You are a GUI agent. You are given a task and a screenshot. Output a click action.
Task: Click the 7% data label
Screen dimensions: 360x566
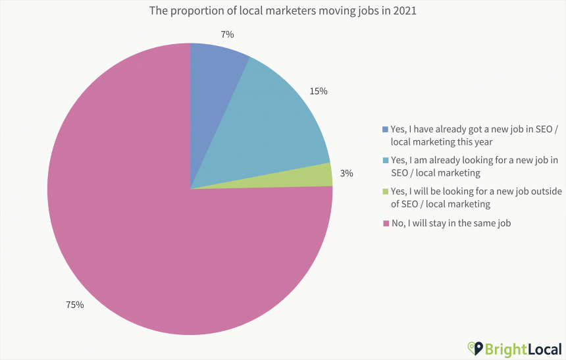tap(228, 34)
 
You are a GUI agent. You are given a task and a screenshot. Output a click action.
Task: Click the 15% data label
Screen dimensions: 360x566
tap(319, 91)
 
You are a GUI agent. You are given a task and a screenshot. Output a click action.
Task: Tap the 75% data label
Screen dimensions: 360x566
tap(75, 305)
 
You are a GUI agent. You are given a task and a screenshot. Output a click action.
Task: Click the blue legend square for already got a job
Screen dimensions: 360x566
tap(386, 129)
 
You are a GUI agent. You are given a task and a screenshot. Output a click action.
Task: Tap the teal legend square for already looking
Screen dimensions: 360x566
tap(386, 161)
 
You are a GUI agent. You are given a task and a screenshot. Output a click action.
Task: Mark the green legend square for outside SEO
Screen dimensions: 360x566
tap(386, 192)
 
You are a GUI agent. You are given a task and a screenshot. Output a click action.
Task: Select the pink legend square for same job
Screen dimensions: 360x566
tap(386, 224)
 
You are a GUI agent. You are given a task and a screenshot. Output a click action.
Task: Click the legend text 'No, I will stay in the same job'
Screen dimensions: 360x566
tap(451, 223)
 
